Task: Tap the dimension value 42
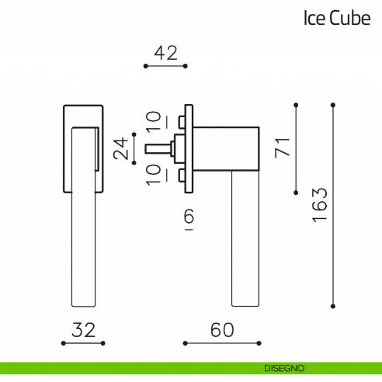(x=166, y=53)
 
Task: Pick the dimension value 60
(x=222, y=329)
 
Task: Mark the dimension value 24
(x=122, y=148)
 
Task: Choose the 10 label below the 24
(x=155, y=174)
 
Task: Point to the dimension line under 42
(x=166, y=67)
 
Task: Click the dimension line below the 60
(x=222, y=342)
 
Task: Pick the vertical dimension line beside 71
(x=296, y=148)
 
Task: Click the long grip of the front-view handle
(x=83, y=233)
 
